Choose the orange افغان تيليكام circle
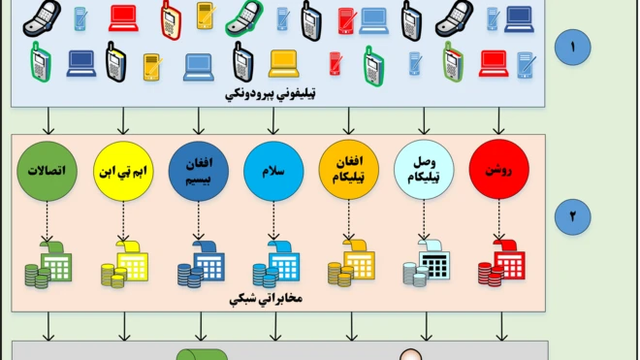pos(348,173)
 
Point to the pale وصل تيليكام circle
pos(424,173)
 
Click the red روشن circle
pos(498,173)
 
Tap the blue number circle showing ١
pos(572,48)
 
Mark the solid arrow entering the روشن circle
pos(498,120)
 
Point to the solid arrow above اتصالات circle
pos(48,120)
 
